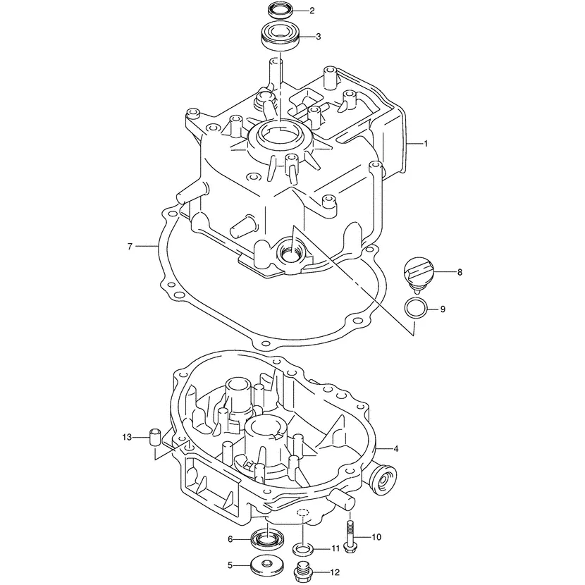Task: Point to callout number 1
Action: click(426, 144)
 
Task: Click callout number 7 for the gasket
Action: click(130, 246)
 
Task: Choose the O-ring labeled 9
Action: click(416, 308)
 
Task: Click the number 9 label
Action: click(443, 309)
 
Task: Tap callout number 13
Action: click(127, 437)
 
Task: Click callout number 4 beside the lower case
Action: click(396, 448)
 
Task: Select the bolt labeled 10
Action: click(350, 537)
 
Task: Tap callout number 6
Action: click(230, 539)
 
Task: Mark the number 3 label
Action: click(319, 36)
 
